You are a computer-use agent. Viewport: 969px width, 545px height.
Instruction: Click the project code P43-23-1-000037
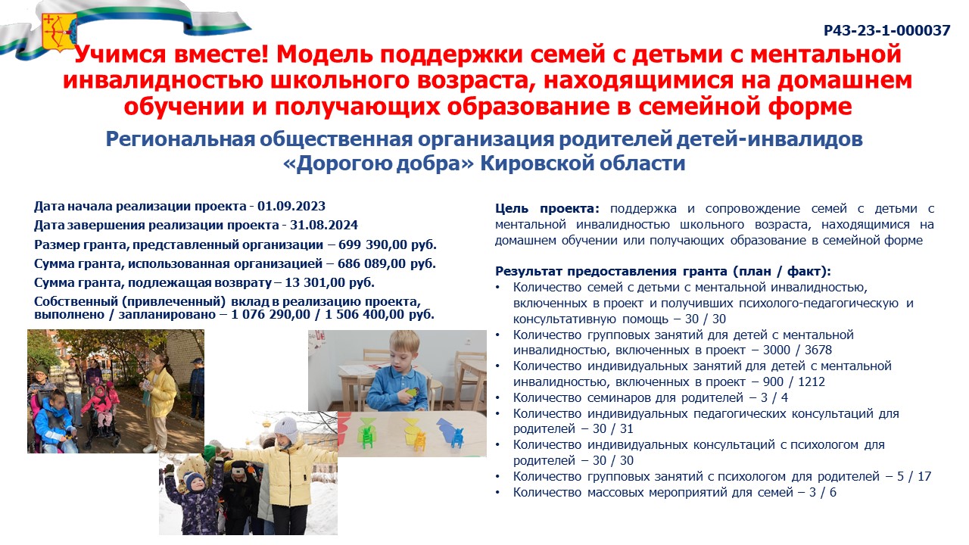pyautogui.click(x=886, y=31)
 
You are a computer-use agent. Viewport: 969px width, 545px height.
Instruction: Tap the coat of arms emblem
pyautogui.click(x=59, y=32)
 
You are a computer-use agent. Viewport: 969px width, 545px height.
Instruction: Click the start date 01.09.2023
pyautogui.click(x=291, y=206)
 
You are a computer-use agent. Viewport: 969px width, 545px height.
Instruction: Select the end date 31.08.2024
pyautogui.click(x=324, y=225)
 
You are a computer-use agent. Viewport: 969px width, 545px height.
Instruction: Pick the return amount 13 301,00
pyautogui.click(x=315, y=282)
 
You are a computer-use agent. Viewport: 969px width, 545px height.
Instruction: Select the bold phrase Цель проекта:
pyautogui.click(x=547, y=208)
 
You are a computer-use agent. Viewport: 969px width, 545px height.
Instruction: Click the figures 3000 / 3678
pyautogui.click(x=797, y=350)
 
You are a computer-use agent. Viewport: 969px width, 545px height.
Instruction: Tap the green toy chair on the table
pyautogui.click(x=367, y=436)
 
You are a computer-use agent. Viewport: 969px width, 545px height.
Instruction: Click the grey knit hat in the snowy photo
pyautogui.click(x=286, y=428)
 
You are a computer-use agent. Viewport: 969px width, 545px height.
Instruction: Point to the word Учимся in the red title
pyautogui.click(x=120, y=54)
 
